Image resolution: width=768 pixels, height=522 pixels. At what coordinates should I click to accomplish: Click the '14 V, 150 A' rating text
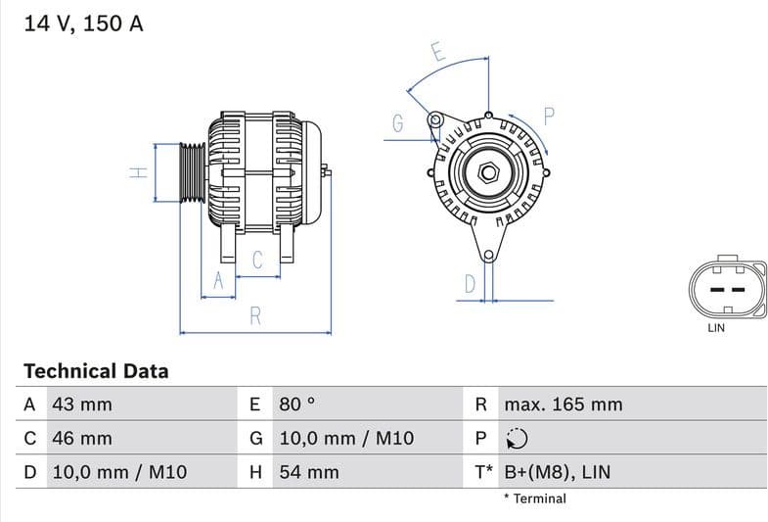83,24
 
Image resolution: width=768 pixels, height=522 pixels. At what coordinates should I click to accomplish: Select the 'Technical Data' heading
96,371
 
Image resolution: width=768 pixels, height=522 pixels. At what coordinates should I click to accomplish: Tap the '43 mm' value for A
81,404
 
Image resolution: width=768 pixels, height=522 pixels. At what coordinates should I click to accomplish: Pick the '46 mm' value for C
81,438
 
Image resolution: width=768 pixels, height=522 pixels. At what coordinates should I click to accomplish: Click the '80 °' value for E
297,404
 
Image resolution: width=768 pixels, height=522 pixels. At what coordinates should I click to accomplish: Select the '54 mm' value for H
309,472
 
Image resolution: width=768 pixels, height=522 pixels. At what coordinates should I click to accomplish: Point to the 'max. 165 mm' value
563,404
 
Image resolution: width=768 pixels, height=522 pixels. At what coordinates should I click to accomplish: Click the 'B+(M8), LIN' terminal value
557,472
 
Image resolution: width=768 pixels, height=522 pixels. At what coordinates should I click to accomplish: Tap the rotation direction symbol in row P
517,439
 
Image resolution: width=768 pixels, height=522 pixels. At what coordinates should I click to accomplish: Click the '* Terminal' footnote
534,498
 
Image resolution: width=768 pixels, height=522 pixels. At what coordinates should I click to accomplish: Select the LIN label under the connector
716,328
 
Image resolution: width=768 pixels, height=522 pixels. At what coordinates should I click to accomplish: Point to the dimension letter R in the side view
255,315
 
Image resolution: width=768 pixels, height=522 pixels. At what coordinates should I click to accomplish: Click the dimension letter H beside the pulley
139,172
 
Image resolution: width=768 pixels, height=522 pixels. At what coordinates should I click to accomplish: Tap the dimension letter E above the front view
438,53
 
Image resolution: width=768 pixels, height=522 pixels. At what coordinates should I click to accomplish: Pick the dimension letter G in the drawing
398,123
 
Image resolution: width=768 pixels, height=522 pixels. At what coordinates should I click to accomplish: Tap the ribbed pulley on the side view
192,172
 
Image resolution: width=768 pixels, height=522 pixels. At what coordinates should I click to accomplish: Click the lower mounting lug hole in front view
487,256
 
